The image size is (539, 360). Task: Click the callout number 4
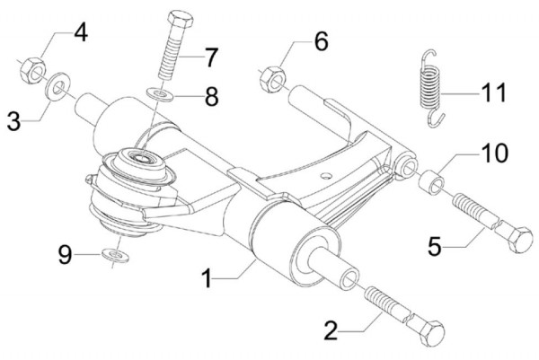[80, 35]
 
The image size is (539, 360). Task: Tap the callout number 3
[13, 119]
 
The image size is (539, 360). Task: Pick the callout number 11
[493, 92]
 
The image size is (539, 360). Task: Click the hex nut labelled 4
[29, 68]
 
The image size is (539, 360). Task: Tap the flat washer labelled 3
[56, 87]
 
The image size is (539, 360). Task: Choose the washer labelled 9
[113, 254]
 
